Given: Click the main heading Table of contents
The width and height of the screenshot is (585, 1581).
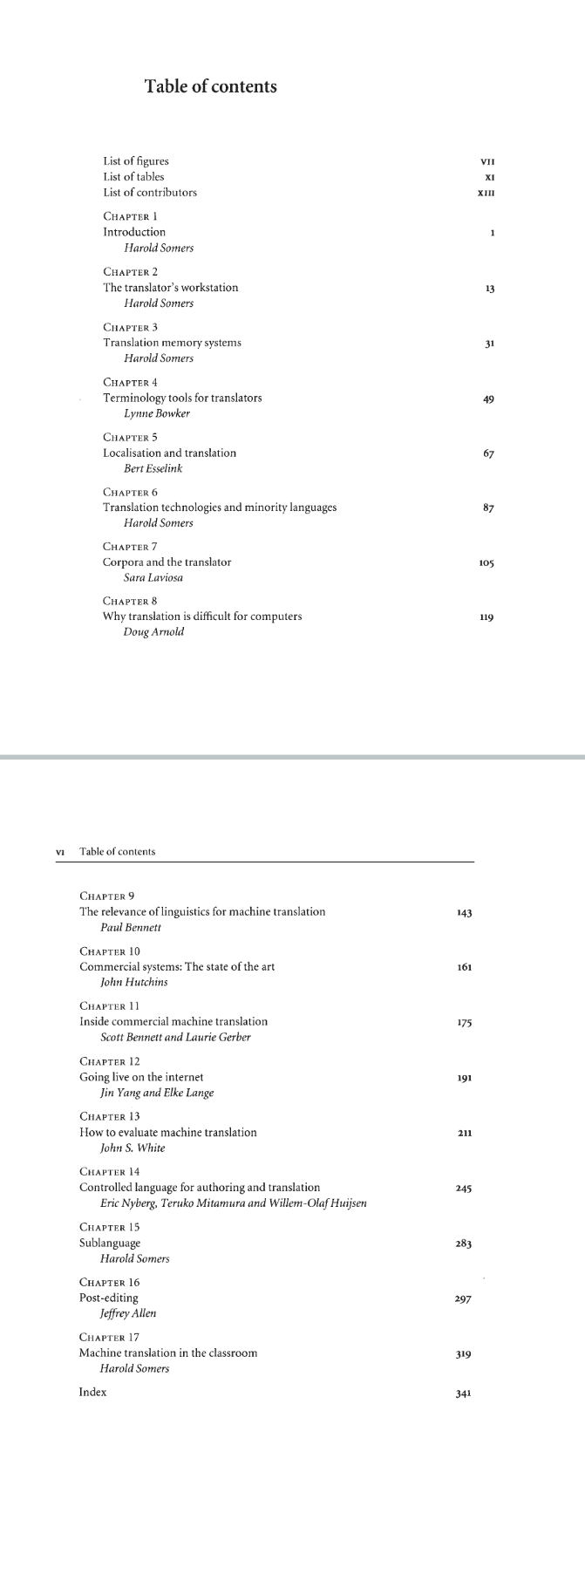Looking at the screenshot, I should point(210,86).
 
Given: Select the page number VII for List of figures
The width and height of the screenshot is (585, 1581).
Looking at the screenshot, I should point(487,161).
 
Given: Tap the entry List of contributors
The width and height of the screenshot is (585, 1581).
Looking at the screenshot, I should point(150,192).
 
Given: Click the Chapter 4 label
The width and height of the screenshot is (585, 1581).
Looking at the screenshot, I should point(130,382).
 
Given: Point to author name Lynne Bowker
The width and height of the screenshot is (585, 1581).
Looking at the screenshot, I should point(157,413).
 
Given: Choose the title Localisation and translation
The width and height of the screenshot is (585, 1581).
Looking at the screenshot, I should point(169,453).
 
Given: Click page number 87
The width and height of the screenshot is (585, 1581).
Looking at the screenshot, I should point(488,508).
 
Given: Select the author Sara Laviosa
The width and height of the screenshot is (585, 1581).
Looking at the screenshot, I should point(153,577).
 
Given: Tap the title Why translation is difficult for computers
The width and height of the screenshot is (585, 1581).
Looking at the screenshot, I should point(202,616).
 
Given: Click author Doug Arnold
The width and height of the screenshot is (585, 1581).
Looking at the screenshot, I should point(154,631).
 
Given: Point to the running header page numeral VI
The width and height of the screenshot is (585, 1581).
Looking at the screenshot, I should point(60,851).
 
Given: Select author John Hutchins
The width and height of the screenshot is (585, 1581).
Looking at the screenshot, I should point(134,982).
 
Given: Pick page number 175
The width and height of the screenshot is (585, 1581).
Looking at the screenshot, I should point(464,1023).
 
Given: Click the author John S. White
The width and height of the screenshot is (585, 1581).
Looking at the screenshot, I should point(133,1148).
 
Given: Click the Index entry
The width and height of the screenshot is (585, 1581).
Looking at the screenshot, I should point(92,1392).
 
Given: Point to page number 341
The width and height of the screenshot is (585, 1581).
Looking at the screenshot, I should point(464,1394).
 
